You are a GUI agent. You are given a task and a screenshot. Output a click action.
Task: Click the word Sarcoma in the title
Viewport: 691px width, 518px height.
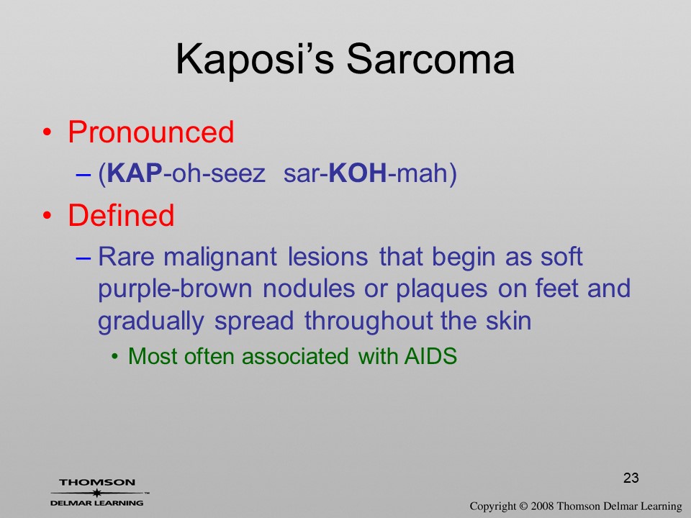coord(430,59)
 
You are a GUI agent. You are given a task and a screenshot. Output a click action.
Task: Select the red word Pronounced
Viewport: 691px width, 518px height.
coord(150,132)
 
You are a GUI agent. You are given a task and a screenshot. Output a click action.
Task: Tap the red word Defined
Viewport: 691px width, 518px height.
coord(121,215)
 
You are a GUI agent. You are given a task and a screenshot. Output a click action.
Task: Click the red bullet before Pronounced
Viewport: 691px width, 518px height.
coord(48,132)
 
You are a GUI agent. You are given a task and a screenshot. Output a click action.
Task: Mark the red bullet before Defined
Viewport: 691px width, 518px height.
coord(48,215)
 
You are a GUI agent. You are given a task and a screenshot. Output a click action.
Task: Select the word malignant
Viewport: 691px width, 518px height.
coord(220,258)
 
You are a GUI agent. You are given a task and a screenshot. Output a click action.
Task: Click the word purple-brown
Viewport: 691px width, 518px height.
coord(175,290)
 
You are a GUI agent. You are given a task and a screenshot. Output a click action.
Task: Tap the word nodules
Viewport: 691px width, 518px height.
coord(309,289)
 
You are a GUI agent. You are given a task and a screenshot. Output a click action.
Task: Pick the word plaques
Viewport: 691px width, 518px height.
coord(441,290)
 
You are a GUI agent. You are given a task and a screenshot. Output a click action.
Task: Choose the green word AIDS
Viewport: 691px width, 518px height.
coord(430,355)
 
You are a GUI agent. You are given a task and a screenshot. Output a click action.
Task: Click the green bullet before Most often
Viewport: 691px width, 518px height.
coord(115,356)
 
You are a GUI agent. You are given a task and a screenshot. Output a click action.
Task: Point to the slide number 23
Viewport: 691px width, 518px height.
coord(631,478)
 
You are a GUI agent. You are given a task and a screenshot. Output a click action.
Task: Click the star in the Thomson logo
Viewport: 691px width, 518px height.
coord(96,493)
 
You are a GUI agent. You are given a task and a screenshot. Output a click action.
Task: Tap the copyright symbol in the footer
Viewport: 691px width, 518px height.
coord(523,506)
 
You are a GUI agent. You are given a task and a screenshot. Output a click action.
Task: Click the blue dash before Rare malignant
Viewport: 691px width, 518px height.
coord(83,258)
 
